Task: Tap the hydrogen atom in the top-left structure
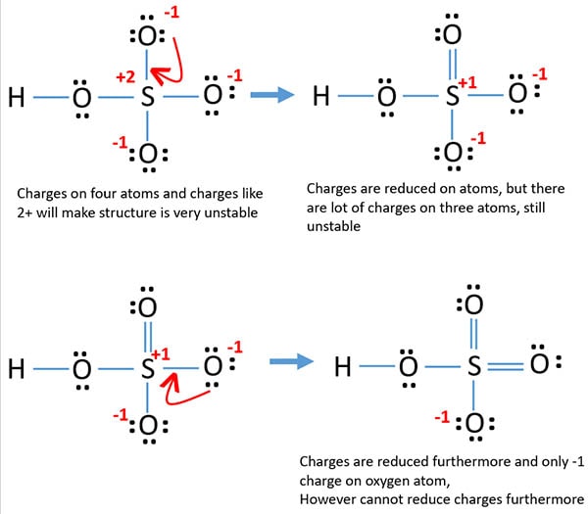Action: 16,97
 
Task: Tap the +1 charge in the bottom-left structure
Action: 164,354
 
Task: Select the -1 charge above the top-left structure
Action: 175,13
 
